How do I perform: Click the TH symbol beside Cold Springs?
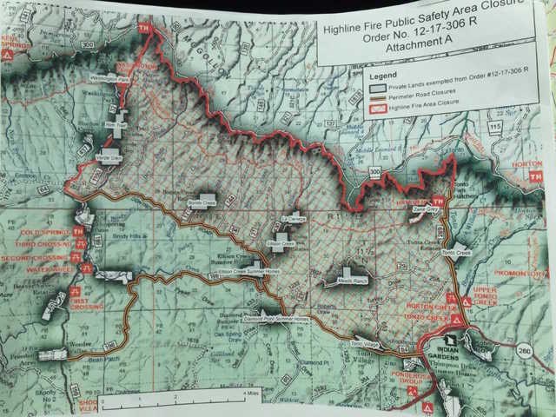point(79,233)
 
